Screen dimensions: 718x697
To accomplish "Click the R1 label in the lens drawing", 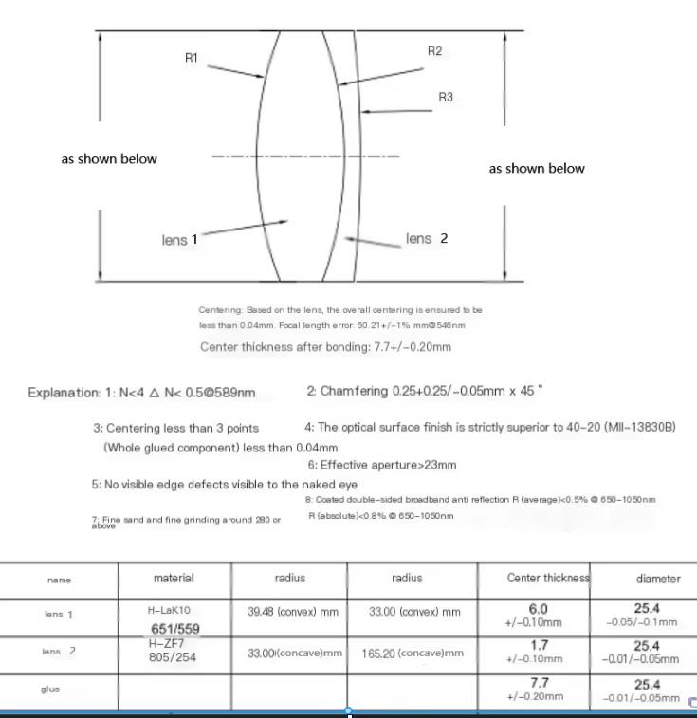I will (192, 58).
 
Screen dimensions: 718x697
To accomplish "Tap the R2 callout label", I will (434, 51).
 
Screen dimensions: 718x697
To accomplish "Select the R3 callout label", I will (446, 98).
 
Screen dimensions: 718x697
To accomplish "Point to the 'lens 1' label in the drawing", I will (179, 240).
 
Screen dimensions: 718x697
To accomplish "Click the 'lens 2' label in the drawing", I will (427, 239).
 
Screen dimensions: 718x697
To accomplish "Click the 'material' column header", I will (174, 578).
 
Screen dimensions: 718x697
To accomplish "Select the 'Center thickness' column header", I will (535, 578).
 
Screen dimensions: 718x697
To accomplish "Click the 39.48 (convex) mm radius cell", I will (288, 613).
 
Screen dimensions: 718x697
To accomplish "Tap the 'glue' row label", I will (49, 690).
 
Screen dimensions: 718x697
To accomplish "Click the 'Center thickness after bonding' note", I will (325, 346).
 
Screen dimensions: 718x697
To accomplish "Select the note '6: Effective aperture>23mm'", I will (381, 465).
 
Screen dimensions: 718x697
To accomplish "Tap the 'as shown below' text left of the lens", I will (109, 159).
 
